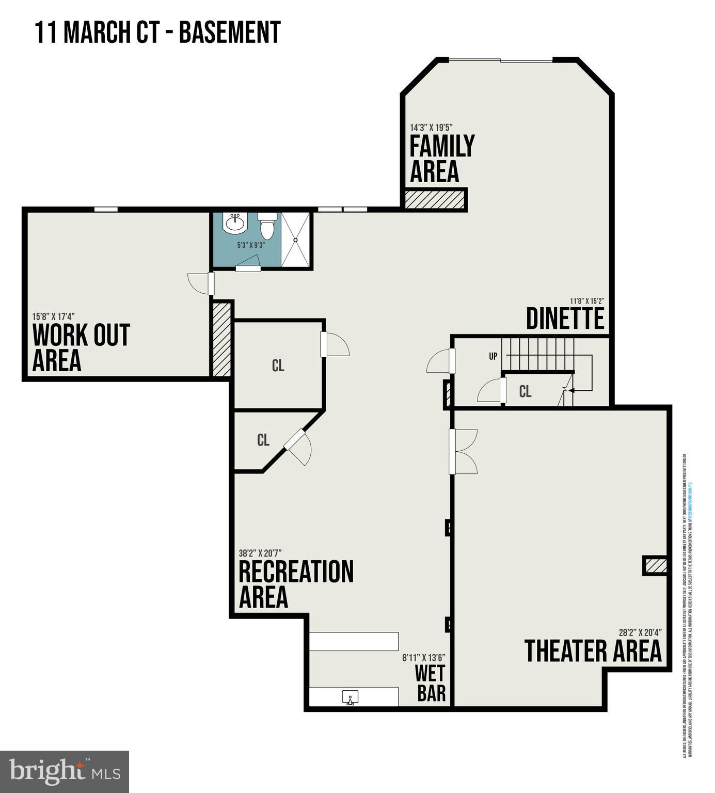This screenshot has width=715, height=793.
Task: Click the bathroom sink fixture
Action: click(x=235, y=224)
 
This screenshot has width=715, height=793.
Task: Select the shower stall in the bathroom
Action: click(x=296, y=240)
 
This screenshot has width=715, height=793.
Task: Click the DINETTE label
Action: click(x=565, y=319)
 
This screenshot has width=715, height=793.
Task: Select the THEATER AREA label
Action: click(x=593, y=651)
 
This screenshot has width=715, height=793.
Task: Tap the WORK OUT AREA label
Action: click(x=81, y=347)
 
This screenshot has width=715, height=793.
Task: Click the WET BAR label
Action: click(x=431, y=683)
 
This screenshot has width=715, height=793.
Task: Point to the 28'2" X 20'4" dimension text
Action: click(x=640, y=632)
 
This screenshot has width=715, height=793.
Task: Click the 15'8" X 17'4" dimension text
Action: click(x=53, y=316)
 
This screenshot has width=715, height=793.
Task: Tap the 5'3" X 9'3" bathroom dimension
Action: click(x=250, y=245)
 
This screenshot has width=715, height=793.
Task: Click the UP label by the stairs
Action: click(x=493, y=356)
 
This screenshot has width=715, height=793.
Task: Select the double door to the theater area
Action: click(x=463, y=451)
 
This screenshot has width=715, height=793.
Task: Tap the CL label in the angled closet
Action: click(x=263, y=440)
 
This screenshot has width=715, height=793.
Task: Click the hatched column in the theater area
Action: click(x=655, y=565)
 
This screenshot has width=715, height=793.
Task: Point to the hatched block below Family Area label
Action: click(x=435, y=199)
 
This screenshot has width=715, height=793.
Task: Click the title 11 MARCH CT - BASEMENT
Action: click(x=157, y=32)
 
